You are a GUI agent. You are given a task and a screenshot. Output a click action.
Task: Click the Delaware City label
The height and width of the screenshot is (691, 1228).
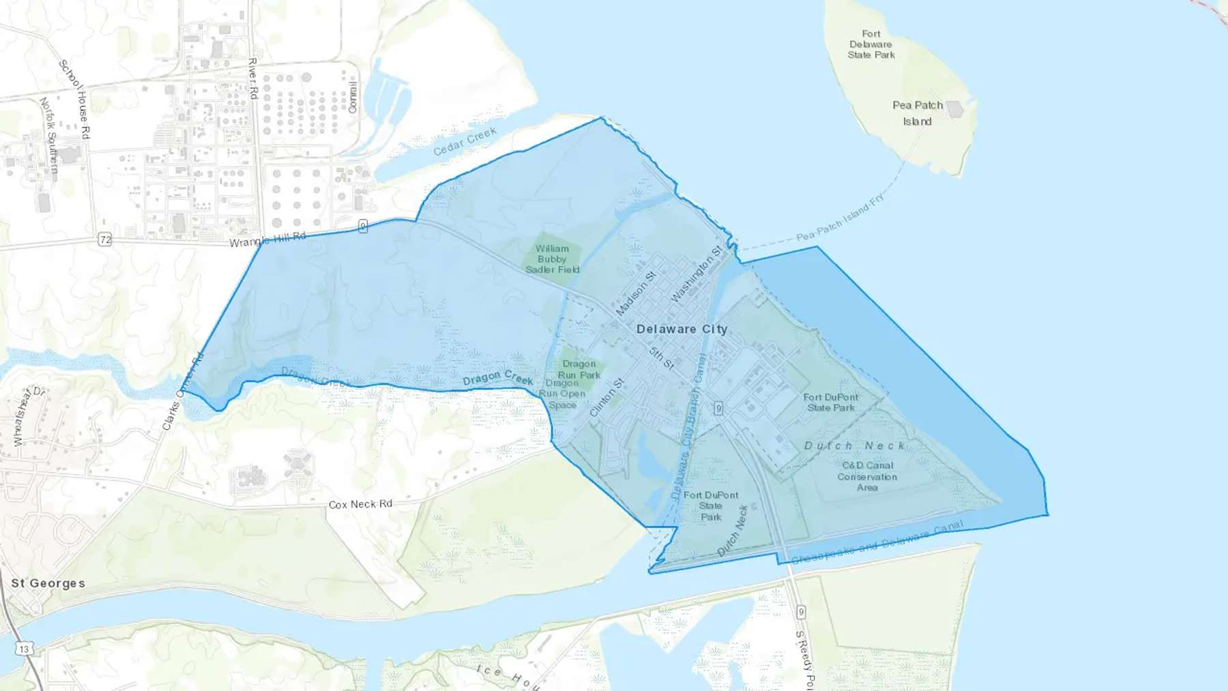(682, 329)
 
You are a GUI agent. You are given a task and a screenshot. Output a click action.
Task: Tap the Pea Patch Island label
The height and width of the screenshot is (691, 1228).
(918, 113)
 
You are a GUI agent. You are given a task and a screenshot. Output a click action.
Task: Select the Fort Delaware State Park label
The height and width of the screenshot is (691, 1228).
(871, 44)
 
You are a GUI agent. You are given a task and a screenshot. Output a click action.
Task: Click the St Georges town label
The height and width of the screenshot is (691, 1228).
(48, 583)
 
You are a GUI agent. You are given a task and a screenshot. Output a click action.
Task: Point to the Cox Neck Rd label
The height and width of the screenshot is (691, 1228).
(360, 504)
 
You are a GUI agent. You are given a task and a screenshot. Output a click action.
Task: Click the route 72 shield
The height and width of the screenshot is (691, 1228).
(104, 239)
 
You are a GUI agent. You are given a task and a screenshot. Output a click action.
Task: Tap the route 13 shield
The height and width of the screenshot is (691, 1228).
(25, 649)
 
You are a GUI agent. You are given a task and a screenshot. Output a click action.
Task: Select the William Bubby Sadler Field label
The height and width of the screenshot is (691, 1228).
(552, 259)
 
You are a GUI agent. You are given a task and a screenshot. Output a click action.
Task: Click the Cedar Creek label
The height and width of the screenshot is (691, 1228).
(465, 141)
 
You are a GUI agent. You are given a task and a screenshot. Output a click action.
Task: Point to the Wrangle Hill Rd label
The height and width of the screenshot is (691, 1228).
(267, 239)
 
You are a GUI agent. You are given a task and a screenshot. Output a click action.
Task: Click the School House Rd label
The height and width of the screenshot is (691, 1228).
(74, 100)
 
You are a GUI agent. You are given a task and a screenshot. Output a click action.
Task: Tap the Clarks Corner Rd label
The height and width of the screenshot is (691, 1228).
(183, 392)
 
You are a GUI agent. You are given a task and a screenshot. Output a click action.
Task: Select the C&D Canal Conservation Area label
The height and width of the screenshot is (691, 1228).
(867, 476)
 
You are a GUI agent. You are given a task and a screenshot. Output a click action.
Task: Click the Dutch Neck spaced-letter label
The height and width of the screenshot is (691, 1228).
(854, 445)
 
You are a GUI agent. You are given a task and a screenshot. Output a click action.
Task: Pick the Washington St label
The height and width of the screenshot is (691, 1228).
(696, 274)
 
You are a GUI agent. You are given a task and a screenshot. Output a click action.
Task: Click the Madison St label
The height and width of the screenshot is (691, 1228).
(636, 293)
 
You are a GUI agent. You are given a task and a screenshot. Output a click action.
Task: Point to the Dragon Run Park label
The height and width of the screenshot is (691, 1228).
(579, 369)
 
